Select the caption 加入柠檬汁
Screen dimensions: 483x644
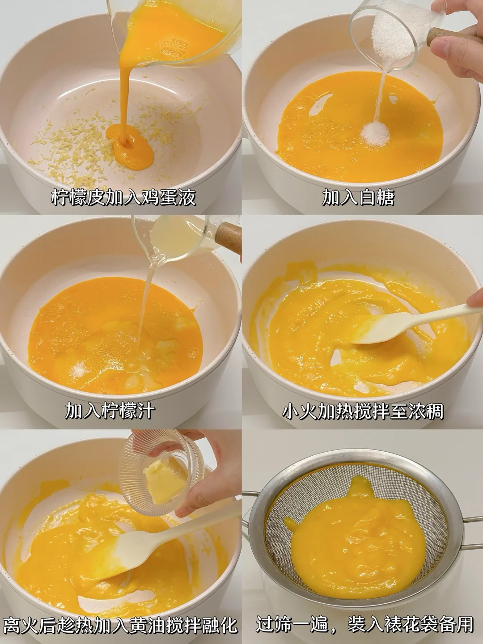click(x=110, y=410)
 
